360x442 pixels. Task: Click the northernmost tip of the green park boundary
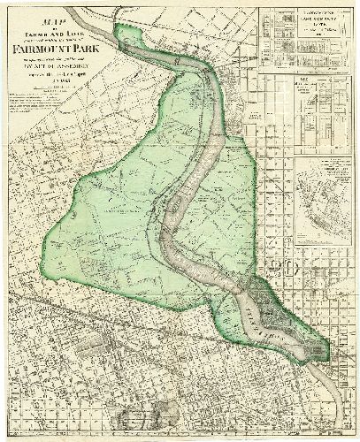(134, 27)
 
